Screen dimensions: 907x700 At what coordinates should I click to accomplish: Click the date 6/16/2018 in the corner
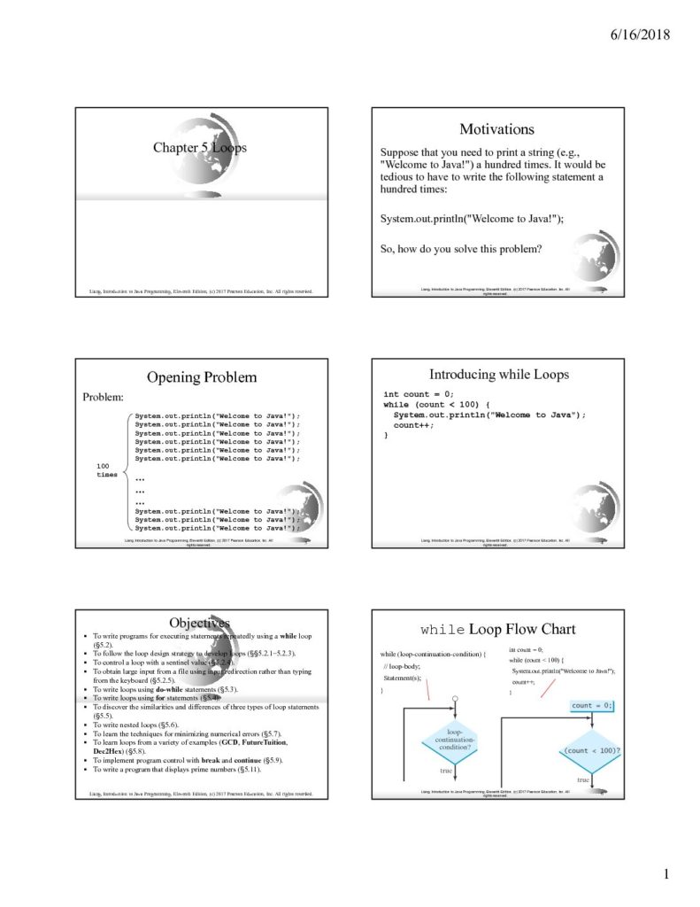(x=639, y=35)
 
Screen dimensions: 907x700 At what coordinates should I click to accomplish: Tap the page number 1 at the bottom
(x=666, y=875)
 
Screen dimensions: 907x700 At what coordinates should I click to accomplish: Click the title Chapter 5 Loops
(x=199, y=148)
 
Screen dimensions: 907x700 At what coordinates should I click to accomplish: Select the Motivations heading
(x=496, y=129)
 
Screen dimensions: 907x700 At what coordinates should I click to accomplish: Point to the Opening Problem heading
(x=202, y=377)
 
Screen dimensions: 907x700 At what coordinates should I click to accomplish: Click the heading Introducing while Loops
(x=499, y=374)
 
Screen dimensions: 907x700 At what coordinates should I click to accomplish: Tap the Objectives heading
(x=199, y=623)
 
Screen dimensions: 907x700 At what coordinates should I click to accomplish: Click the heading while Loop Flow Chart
(x=497, y=630)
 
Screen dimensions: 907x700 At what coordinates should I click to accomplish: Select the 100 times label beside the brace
(x=106, y=470)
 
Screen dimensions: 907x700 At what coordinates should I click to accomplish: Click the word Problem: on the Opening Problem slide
(x=103, y=397)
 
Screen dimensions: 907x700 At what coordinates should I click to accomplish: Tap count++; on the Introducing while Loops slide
(x=414, y=425)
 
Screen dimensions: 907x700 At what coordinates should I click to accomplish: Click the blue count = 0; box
(x=591, y=706)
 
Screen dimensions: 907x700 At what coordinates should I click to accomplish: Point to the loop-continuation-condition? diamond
(x=455, y=740)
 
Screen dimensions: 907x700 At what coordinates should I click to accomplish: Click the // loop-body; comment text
(x=402, y=665)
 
